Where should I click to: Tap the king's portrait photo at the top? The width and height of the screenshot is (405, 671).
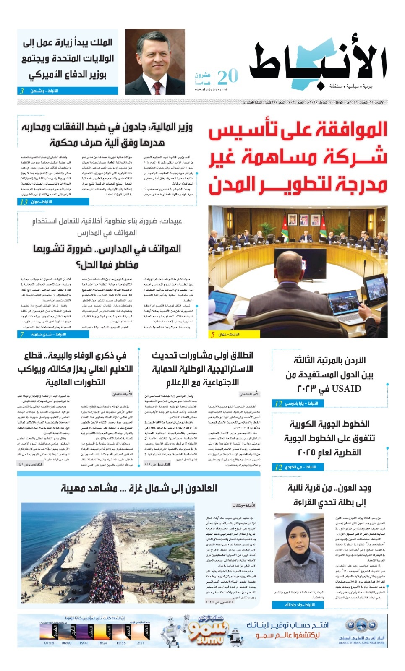154,62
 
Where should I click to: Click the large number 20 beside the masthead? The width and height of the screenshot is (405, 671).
228,77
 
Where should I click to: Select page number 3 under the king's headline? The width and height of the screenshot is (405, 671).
22,91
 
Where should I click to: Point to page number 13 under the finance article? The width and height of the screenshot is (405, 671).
24,202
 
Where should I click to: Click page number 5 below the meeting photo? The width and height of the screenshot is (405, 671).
213,334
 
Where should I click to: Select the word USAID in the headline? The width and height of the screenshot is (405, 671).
346,389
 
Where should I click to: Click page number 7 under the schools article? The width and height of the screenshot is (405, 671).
22,334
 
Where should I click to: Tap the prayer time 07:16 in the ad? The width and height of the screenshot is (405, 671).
49,642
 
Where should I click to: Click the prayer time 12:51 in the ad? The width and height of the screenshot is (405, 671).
140,642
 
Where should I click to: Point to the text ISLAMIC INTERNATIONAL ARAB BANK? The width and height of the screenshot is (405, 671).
361,642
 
